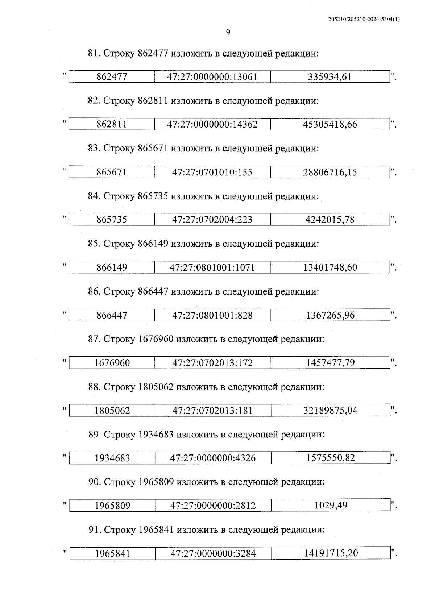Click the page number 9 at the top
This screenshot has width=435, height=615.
[228, 33]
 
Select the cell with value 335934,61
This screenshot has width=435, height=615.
[330, 77]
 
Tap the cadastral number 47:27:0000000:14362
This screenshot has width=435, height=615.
[212, 124]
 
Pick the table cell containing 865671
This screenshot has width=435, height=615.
[112, 172]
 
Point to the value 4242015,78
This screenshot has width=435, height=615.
[330, 220]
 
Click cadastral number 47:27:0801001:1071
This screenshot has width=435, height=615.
[212, 267]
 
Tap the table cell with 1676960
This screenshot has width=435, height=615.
[112, 363]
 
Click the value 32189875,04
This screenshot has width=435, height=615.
[330, 410]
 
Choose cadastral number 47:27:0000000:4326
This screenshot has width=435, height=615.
[213, 458]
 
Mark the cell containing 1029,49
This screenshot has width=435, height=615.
[331, 505]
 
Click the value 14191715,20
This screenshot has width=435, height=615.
[331, 553]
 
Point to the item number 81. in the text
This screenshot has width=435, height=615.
[94, 53]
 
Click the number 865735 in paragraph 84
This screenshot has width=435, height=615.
[153, 196]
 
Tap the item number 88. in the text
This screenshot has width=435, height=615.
[95, 387]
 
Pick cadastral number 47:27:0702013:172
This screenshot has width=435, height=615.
[212, 363]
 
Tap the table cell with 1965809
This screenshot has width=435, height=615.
[112, 506]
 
